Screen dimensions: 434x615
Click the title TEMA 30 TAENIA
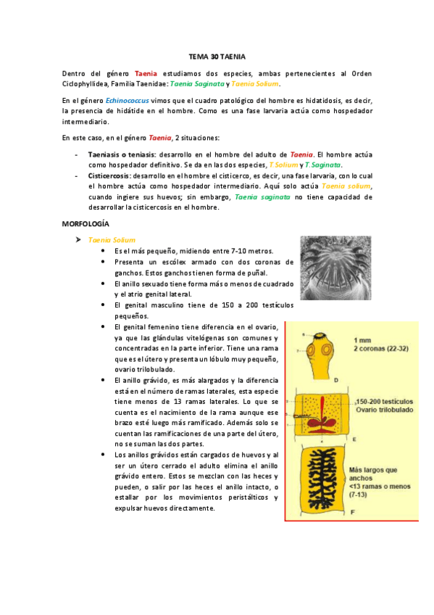coord(217,56)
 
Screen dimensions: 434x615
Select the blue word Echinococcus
coord(126,100)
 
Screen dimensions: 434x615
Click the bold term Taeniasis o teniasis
coord(121,154)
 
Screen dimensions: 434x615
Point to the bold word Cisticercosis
coord(109,176)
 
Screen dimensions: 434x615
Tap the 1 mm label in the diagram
coord(363,339)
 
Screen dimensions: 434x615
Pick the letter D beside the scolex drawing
coord(336,379)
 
